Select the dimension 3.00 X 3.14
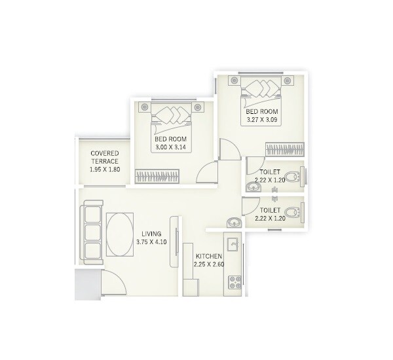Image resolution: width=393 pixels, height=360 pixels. [x=171, y=148]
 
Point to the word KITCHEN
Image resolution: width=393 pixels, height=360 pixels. [x=209, y=256]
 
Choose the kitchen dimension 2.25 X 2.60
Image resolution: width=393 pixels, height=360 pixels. [x=209, y=265]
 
